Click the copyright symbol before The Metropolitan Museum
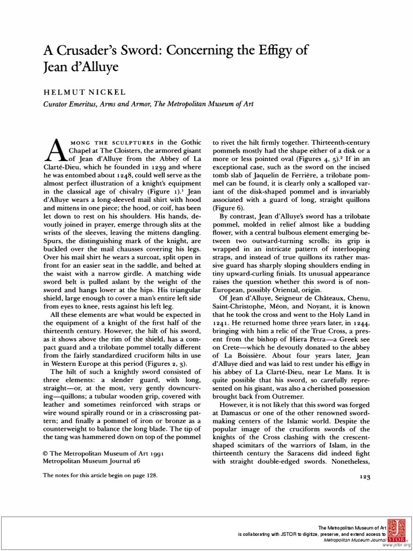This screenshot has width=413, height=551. (x=45, y=454)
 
